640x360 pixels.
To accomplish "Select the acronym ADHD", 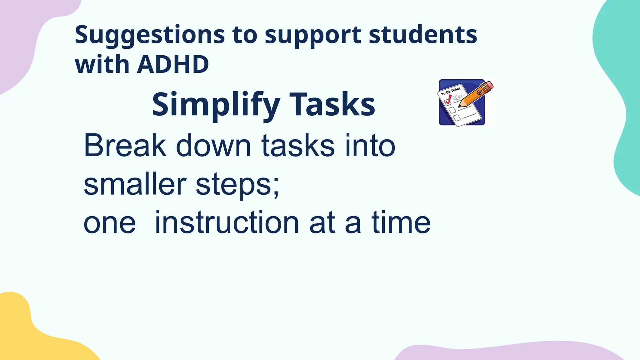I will click(x=173, y=64).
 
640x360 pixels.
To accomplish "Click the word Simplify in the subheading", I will click(x=216, y=104).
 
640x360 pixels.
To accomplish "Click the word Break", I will click(x=125, y=145).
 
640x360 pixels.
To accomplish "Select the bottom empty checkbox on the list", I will click(x=457, y=118).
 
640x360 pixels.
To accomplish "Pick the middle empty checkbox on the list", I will click(x=452, y=110).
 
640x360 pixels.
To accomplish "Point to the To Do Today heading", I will click(x=451, y=91).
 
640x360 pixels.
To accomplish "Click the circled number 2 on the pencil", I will click(x=479, y=92).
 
